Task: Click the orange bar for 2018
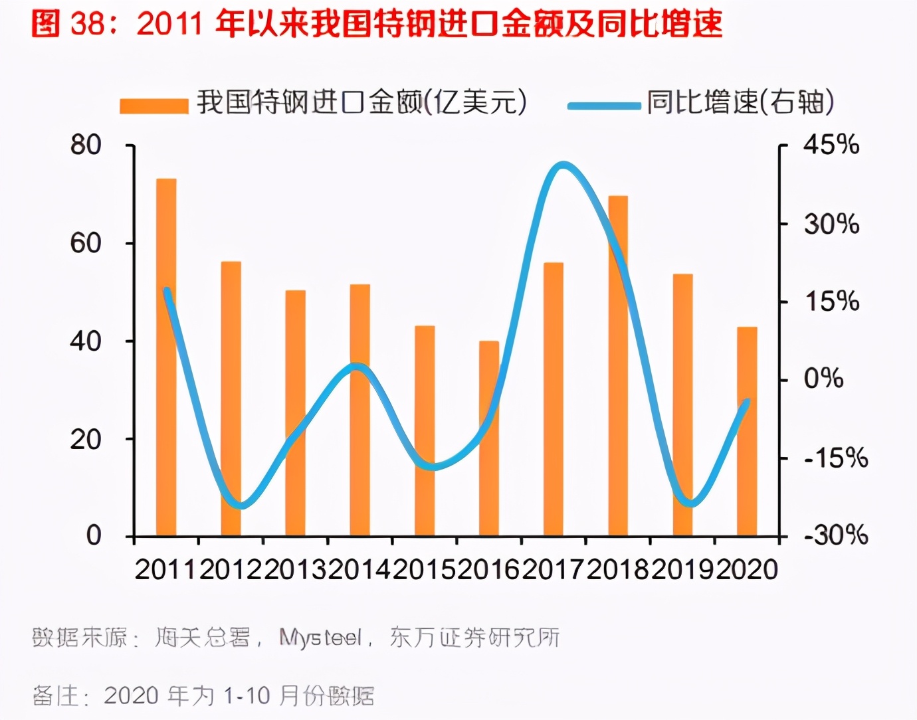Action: pyautogui.click(x=618, y=365)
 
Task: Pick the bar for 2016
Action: pyautogui.click(x=489, y=438)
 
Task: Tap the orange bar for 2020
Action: pyautogui.click(x=747, y=432)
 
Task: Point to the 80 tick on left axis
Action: pyautogui.click(x=86, y=145)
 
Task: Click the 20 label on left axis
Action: pyautogui.click(x=86, y=439)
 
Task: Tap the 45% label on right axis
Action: pyautogui.click(x=831, y=145)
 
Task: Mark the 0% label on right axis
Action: pyautogui.click(x=823, y=379)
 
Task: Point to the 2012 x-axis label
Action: pyautogui.click(x=230, y=569)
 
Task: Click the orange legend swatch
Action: pyautogui.click(x=154, y=106)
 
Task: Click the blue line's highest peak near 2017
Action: pyautogui.click(x=563, y=165)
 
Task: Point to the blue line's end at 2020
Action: pyautogui.click(x=747, y=402)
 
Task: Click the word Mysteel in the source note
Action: pyautogui.click(x=320, y=638)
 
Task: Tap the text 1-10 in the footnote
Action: pyautogui.click(x=247, y=695)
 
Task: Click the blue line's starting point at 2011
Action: pyautogui.click(x=166, y=290)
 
